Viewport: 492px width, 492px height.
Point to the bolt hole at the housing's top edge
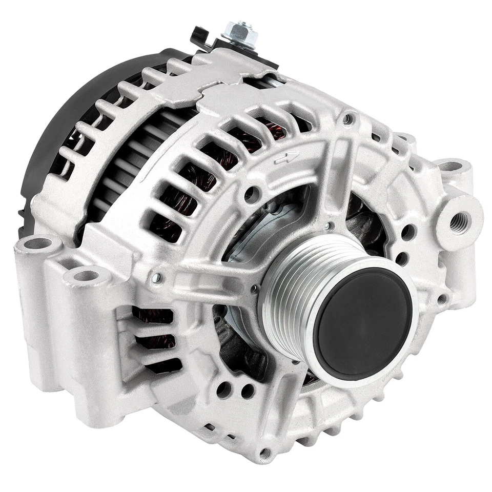(x=349, y=119)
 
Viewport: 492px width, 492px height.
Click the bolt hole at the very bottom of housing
(x=265, y=453)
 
